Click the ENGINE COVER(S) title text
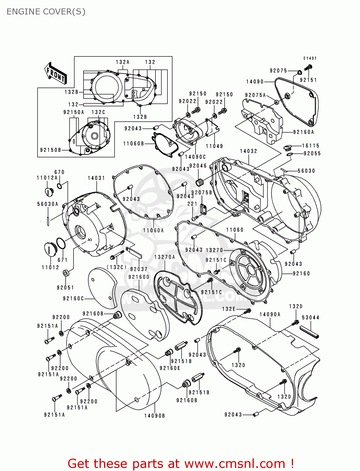pos(46,12)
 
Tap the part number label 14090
pos(255,82)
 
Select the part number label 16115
pos(310,146)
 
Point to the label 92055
pos(312,154)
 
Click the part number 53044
pos(310,317)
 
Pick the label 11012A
pos(47,178)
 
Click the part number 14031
pos(96,178)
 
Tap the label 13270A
pos(165,257)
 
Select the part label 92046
pos(198,166)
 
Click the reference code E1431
pos(310,58)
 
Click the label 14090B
pos(155,416)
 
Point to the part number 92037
pos(139,269)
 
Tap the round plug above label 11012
pos(50,250)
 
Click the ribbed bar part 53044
pos(309,332)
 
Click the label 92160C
pos(74,298)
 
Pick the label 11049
pos(214,146)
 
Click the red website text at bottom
pos(181,463)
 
